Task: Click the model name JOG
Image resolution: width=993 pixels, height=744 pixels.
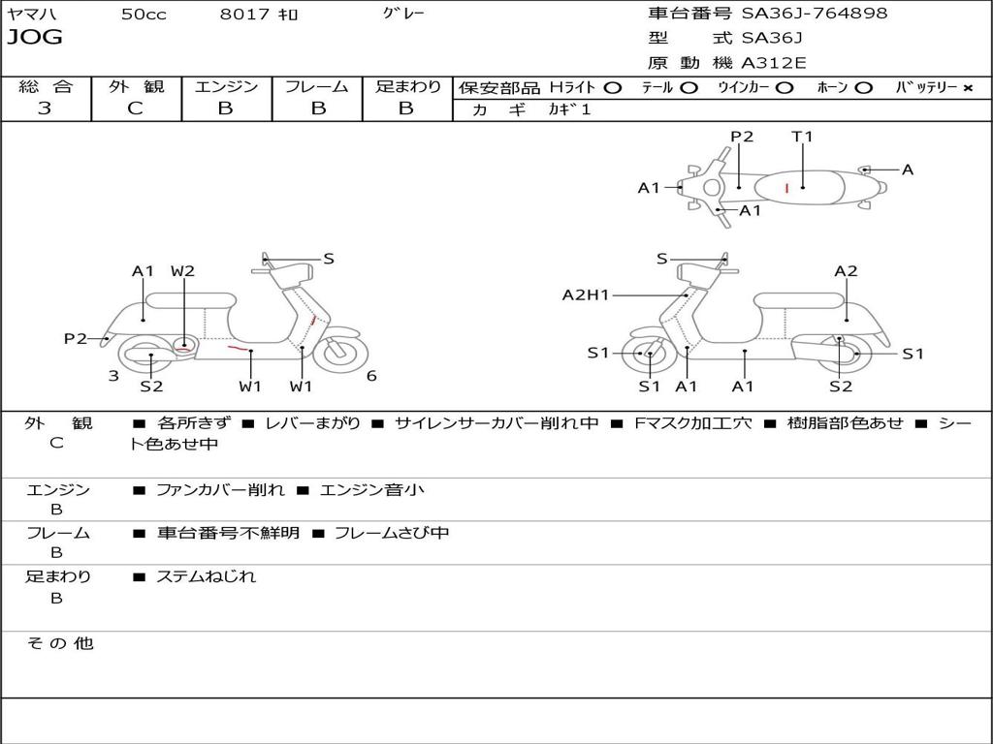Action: coord(35,38)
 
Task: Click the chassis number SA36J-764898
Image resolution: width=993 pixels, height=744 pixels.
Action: coord(814,14)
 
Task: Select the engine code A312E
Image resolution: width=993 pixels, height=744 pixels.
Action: coord(774,64)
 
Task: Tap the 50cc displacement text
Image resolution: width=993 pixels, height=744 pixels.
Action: coord(144,15)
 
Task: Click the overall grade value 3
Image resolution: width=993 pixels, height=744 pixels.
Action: coord(45,108)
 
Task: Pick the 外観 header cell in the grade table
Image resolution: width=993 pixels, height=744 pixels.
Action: coord(136,86)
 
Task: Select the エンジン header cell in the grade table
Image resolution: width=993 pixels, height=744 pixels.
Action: coord(226,86)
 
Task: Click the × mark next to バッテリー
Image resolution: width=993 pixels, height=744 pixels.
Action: coord(967,87)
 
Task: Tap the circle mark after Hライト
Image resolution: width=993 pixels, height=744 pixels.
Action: coord(612,87)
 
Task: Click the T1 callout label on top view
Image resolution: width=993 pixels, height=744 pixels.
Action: coord(802,137)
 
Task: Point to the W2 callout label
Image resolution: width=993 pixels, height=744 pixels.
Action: coord(182,271)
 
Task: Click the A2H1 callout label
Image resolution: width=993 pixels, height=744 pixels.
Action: coord(586,295)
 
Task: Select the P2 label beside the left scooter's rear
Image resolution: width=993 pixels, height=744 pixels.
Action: coord(76,338)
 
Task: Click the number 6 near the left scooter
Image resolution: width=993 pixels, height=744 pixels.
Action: coord(371,376)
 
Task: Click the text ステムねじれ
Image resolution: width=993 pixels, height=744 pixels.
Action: coord(206,576)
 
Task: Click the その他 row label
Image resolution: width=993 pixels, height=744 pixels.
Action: coord(59,643)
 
